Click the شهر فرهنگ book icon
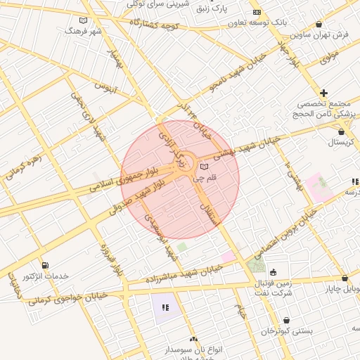[84, 20]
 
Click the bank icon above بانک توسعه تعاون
[256, 12]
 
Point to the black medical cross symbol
[323, 93]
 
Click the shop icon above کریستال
[342, 131]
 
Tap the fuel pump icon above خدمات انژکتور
[46, 266]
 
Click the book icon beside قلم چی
[204, 167]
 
